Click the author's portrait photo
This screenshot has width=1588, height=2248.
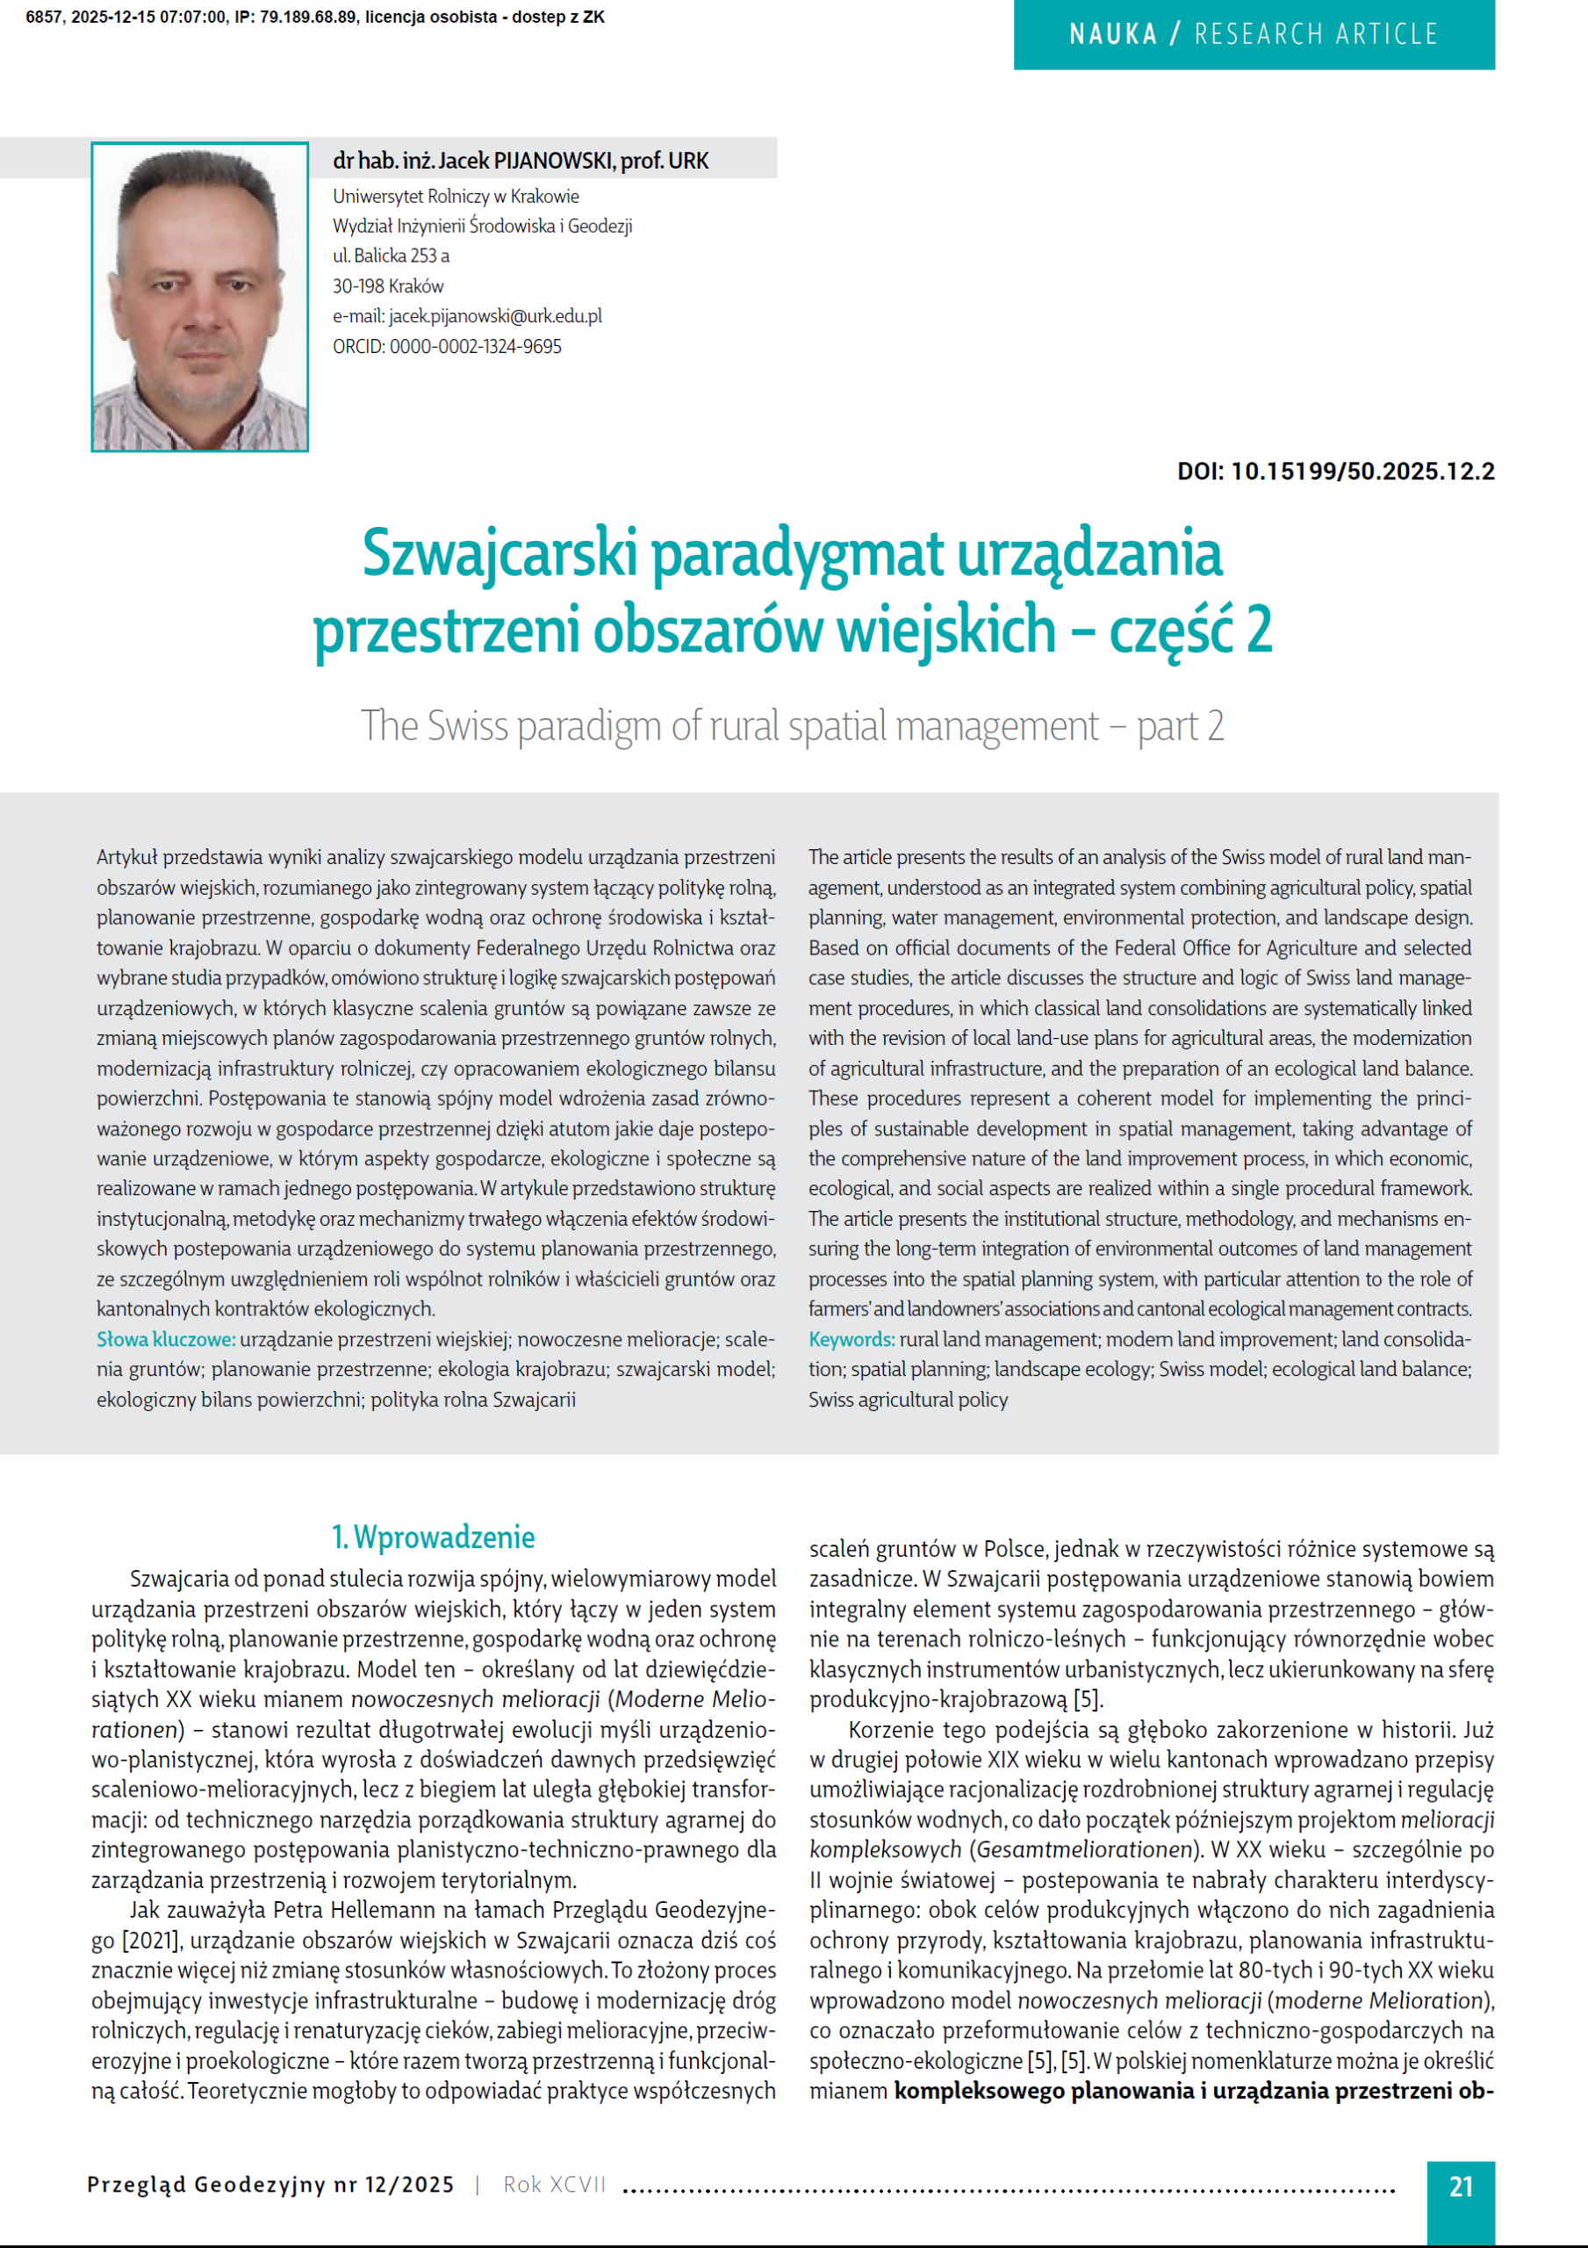tap(200, 297)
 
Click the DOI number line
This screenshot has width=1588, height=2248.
tap(1334, 471)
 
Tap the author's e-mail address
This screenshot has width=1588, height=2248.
tap(467, 316)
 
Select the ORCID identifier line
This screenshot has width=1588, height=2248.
tap(447, 347)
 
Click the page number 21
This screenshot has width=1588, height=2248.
tap(1460, 2187)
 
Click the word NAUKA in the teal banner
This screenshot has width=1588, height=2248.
tap(1112, 35)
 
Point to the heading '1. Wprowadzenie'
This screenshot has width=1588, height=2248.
tap(433, 1538)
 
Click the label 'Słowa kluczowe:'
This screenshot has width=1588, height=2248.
tap(165, 1338)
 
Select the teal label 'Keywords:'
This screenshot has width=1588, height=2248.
tap(851, 1338)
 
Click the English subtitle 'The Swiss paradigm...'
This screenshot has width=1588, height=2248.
tap(792, 725)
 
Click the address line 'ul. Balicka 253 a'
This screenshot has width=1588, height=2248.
tap(391, 256)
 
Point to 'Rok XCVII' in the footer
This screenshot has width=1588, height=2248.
tap(554, 2185)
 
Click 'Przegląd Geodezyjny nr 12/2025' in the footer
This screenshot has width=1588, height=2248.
tap(270, 2185)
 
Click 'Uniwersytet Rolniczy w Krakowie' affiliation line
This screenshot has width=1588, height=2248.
tap(456, 196)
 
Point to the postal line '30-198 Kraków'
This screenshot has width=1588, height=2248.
tap(388, 286)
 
